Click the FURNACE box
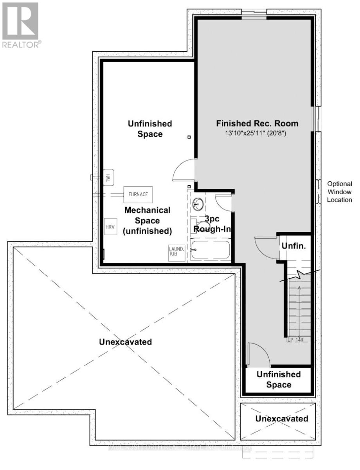click(x=138, y=194)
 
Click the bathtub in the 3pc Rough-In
click(x=211, y=249)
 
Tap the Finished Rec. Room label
click(x=257, y=123)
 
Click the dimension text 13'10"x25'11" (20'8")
click(x=257, y=134)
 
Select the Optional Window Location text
click(x=340, y=192)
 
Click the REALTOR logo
click(x=20, y=24)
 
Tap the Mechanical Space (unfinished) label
click(x=148, y=221)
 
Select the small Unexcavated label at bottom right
click(x=281, y=419)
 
